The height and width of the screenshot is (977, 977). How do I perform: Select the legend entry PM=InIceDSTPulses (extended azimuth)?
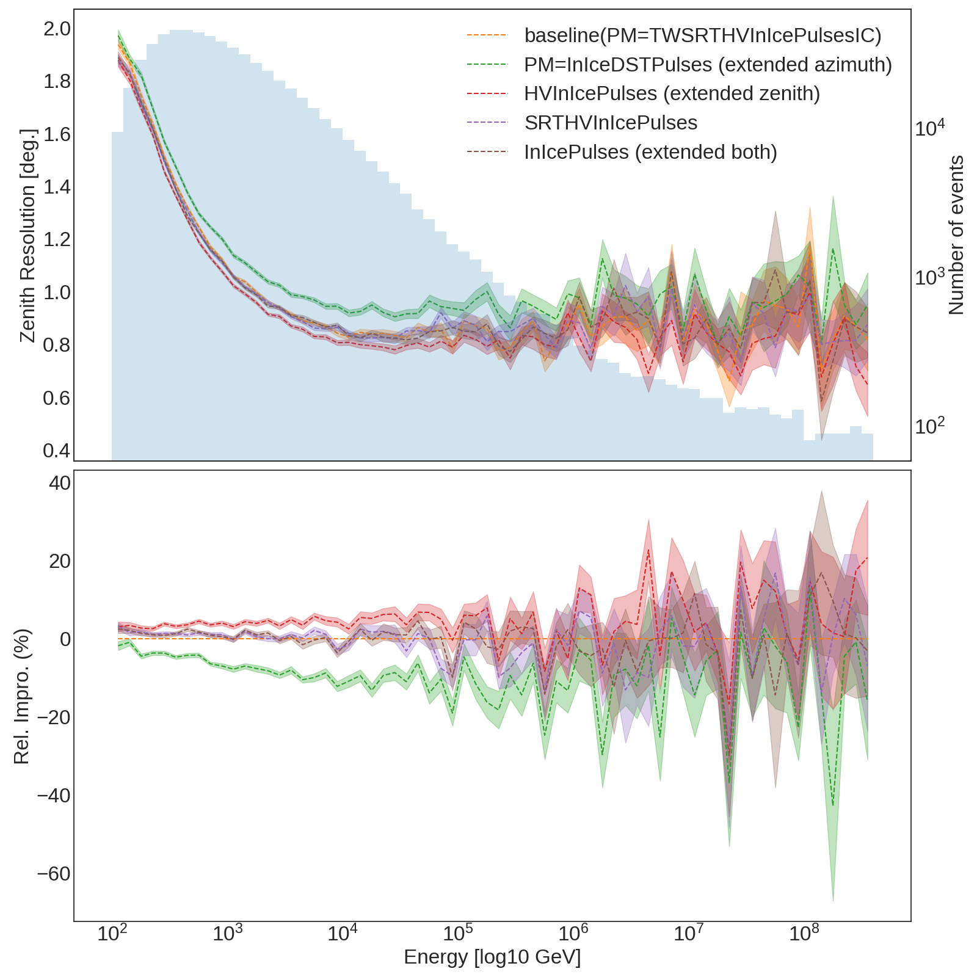coord(708,65)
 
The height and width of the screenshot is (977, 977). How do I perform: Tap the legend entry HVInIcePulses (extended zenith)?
coord(672,93)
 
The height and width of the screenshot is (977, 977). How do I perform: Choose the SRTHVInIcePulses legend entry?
coord(611,123)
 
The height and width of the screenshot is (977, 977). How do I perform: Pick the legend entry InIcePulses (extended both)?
coord(650,152)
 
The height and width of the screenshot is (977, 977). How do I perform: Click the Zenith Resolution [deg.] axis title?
coord(28,235)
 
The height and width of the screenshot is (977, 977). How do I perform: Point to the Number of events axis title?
coord(956,235)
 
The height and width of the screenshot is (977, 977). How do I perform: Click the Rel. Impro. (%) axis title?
coord(22,696)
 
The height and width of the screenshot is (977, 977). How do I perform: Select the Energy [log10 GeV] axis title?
coord(492,957)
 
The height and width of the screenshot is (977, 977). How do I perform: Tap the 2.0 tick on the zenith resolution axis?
coord(56,29)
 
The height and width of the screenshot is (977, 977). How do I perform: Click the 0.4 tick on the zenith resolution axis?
coord(56,451)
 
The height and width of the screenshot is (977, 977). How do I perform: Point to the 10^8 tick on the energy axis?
coord(804,934)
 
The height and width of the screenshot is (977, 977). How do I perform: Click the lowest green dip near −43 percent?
coord(833,805)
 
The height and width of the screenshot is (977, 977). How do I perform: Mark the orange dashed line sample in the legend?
coord(487,35)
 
